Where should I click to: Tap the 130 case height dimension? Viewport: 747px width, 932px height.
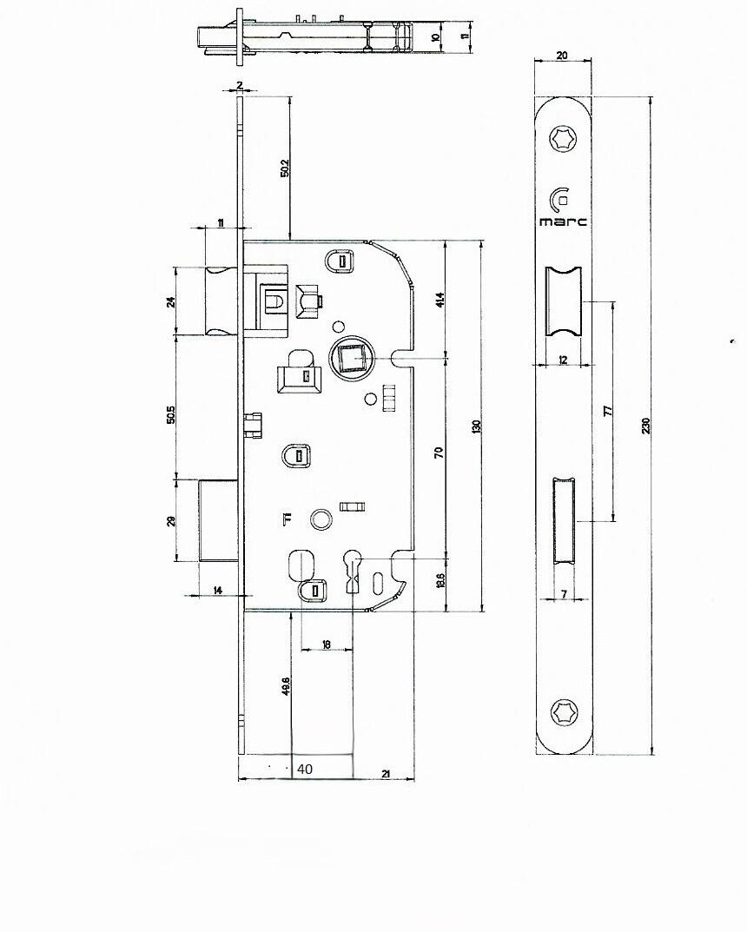[x=476, y=426]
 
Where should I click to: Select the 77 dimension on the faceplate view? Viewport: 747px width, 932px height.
[x=608, y=409]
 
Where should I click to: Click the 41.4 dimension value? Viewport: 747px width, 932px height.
[x=440, y=301]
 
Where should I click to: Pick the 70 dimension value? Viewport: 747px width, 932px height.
[x=440, y=453]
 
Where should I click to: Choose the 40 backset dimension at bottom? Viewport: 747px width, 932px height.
[x=305, y=770]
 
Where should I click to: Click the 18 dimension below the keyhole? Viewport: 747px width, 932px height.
[x=327, y=644]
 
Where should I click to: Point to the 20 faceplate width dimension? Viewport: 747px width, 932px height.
[x=562, y=56]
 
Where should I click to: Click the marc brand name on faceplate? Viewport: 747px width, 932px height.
[x=563, y=221]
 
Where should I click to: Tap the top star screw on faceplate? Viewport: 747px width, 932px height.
[x=561, y=139]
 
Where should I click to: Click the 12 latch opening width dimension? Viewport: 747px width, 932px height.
[x=563, y=360]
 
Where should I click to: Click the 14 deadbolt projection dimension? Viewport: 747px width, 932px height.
[x=218, y=591]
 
